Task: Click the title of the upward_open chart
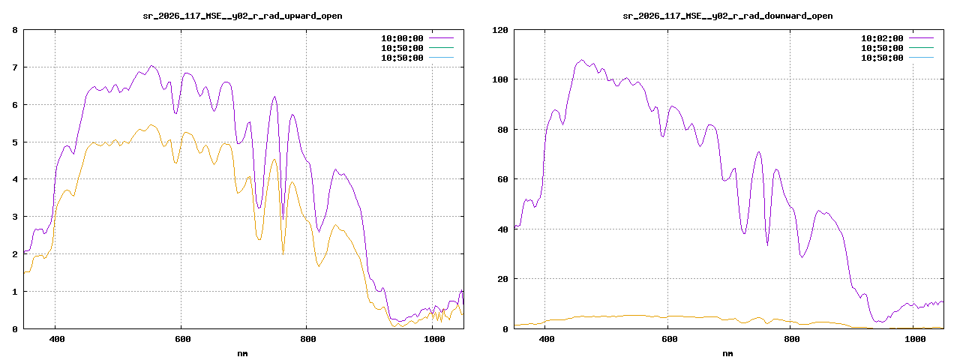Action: (242, 16)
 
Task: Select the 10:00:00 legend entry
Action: (402, 37)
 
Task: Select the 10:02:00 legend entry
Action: (882, 37)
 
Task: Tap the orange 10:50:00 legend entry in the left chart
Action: (402, 47)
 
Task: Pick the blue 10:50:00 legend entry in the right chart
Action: (882, 58)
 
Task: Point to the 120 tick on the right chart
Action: (499, 30)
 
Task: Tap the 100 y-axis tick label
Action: (499, 79)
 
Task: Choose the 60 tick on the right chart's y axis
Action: (502, 179)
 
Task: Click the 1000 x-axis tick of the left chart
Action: (433, 339)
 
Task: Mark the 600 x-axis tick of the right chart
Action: (670, 339)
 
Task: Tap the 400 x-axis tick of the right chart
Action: (547, 339)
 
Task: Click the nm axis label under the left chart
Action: (242, 352)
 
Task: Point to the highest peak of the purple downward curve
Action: (581, 60)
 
